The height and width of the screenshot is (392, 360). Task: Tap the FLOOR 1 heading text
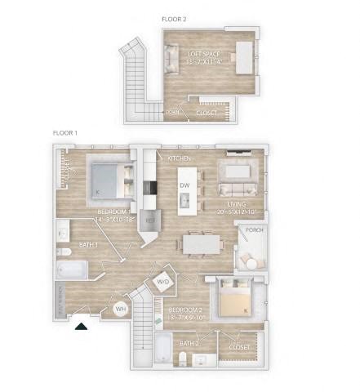pos(66,132)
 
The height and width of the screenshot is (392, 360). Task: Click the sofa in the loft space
pos(171,59)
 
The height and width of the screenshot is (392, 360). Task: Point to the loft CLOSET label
pos(207,113)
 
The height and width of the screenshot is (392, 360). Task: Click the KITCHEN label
pos(179,157)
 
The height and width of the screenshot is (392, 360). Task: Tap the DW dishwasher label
pos(184,186)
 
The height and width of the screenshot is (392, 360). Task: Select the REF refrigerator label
pos(149,220)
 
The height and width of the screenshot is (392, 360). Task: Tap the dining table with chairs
pos(200,243)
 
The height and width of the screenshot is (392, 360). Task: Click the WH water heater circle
pos(120,310)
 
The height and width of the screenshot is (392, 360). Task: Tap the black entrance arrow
pos(81,326)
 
